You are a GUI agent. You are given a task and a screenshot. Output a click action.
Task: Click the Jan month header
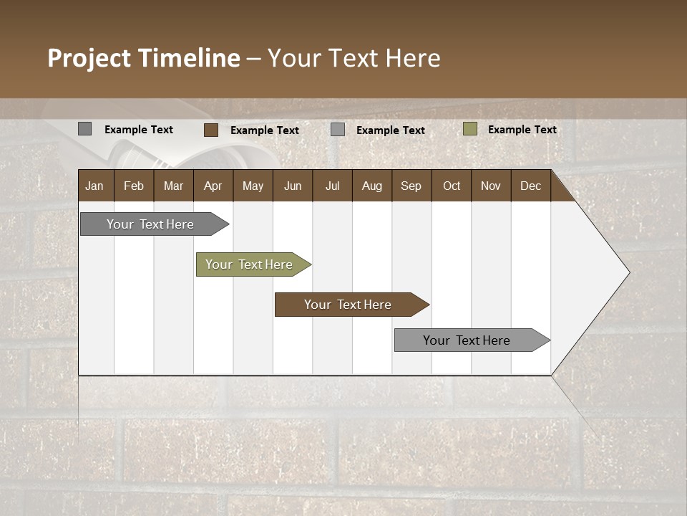[95, 186]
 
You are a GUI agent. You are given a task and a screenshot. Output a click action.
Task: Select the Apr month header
[213, 186]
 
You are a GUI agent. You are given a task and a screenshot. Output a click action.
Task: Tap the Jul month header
[332, 186]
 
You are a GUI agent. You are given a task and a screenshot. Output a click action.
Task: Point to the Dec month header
[530, 186]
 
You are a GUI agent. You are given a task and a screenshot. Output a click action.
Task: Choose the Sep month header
[411, 186]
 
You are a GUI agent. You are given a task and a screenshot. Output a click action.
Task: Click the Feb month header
[134, 186]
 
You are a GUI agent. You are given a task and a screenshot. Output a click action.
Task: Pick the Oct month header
[452, 186]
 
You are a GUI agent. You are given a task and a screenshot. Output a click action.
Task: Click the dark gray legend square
[85, 129]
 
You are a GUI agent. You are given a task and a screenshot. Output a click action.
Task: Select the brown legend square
[211, 130]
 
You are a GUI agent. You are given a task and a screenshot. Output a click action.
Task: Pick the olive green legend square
[470, 129]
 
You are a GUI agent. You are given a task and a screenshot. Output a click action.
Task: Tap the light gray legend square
[338, 130]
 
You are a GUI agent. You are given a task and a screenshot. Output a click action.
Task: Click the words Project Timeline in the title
[144, 58]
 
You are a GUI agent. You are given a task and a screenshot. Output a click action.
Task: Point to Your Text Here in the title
[354, 58]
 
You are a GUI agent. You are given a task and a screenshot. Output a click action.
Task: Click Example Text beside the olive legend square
[522, 130]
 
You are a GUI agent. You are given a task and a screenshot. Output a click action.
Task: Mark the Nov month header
[491, 186]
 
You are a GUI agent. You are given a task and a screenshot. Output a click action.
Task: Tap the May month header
[253, 186]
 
